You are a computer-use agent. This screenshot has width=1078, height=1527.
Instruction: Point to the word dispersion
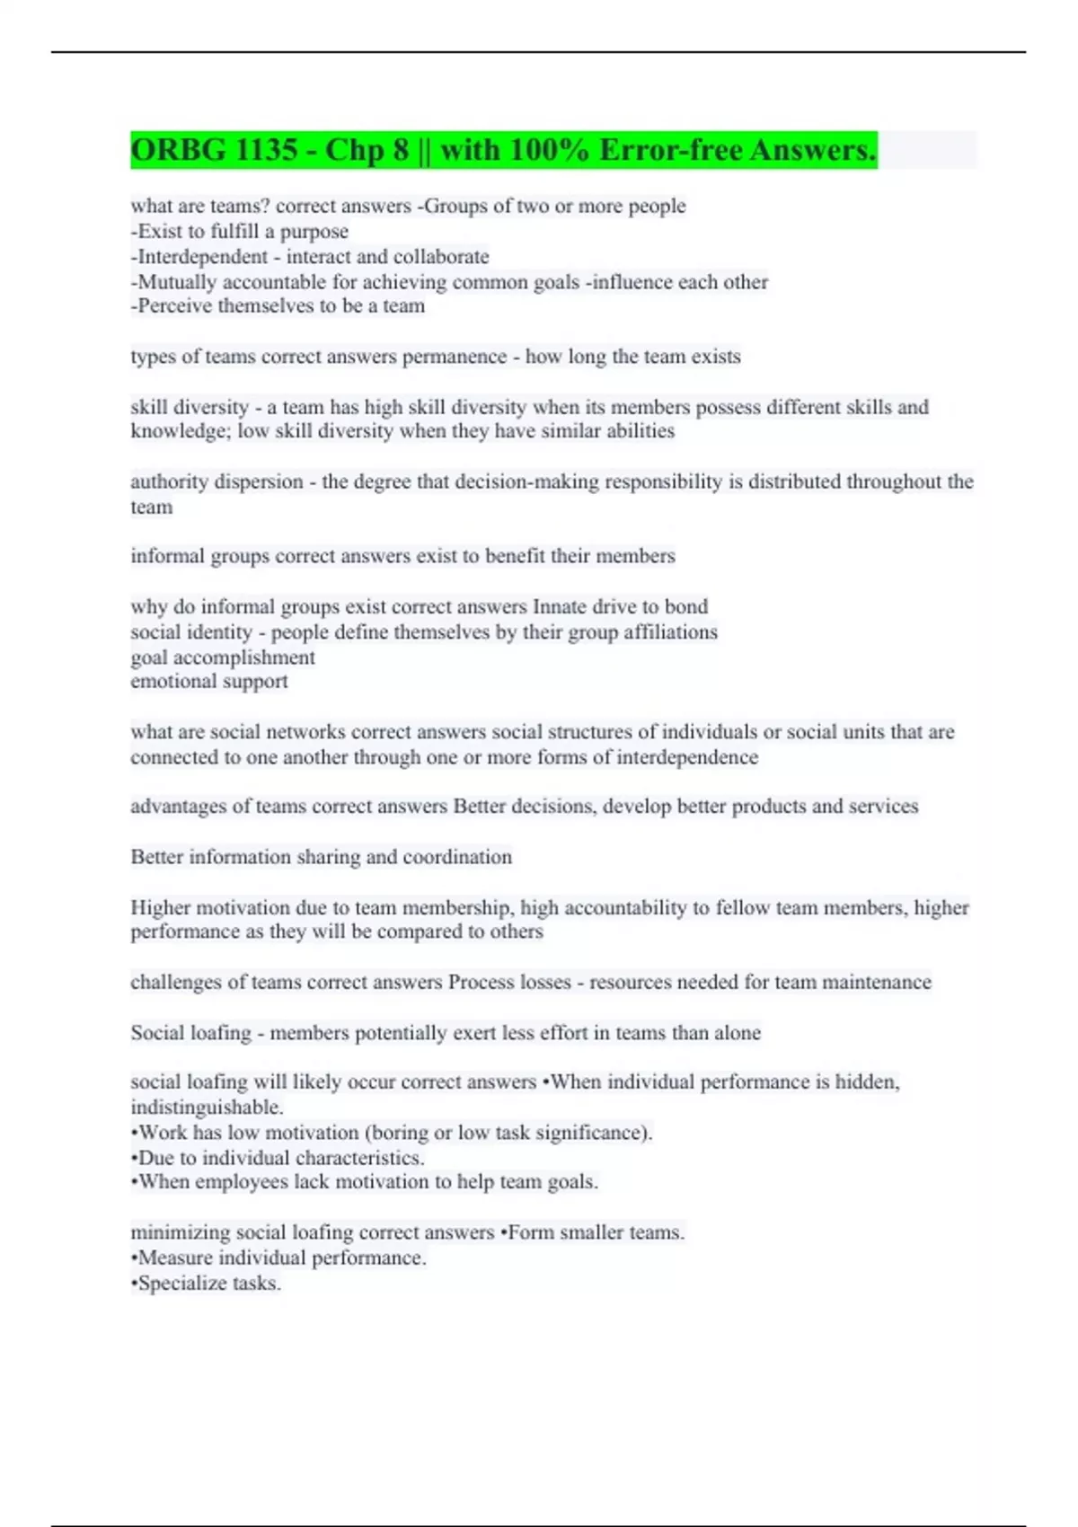259,482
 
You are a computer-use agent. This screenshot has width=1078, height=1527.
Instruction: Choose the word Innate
563,607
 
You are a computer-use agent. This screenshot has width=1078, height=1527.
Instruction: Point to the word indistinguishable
207,1108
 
